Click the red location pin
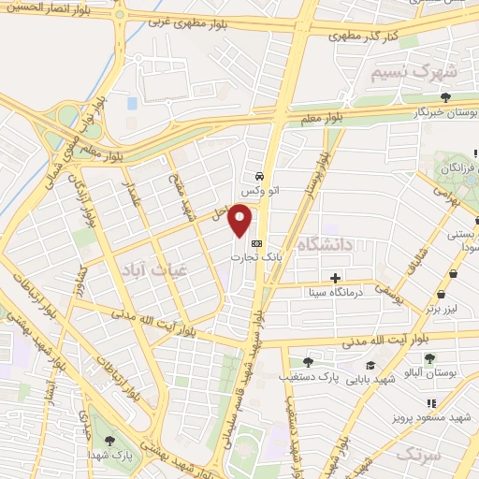tap(241, 220)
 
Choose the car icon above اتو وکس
tap(258, 175)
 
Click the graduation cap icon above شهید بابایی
tap(370, 366)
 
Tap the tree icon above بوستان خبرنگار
tap(445, 96)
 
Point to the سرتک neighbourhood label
tap(416, 454)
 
